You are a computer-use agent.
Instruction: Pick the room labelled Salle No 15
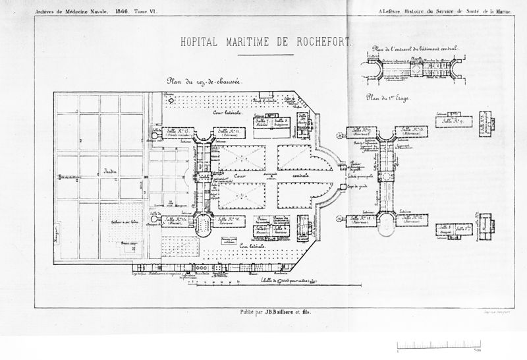tap(180, 133)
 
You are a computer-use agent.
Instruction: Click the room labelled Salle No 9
tap(453, 121)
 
